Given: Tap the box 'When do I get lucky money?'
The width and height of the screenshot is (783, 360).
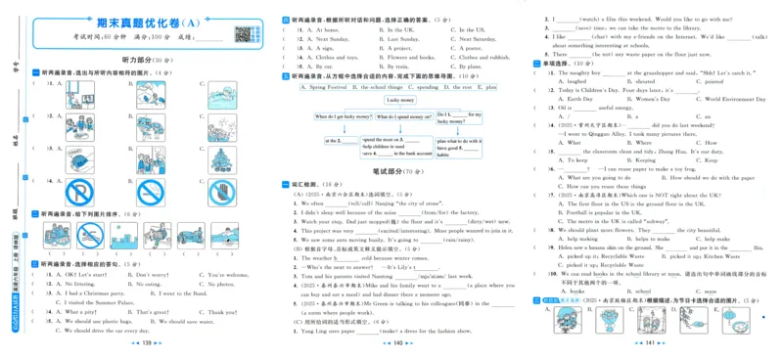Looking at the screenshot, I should [x=342, y=116].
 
